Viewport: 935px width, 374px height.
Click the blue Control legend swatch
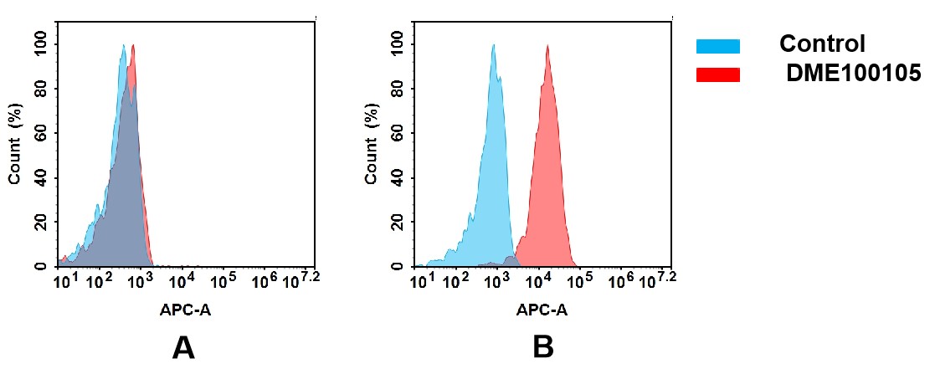[717, 46]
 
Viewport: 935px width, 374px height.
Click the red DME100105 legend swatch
[717, 75]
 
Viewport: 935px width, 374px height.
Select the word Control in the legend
[821, 44]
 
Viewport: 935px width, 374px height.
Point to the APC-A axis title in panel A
[186, 310]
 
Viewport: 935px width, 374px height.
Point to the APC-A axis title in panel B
[542, 310]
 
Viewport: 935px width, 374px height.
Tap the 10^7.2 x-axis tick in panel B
[657, 280]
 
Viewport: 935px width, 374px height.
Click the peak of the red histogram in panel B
[547, 47]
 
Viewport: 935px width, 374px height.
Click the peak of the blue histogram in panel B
[494, 47]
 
